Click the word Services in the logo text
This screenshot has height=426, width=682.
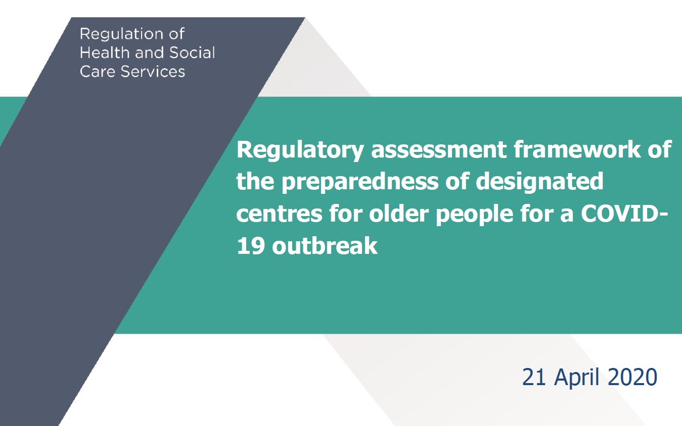point(153,71)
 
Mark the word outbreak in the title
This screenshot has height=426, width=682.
point(325,246)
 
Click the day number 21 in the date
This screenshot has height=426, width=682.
point(534,377)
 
